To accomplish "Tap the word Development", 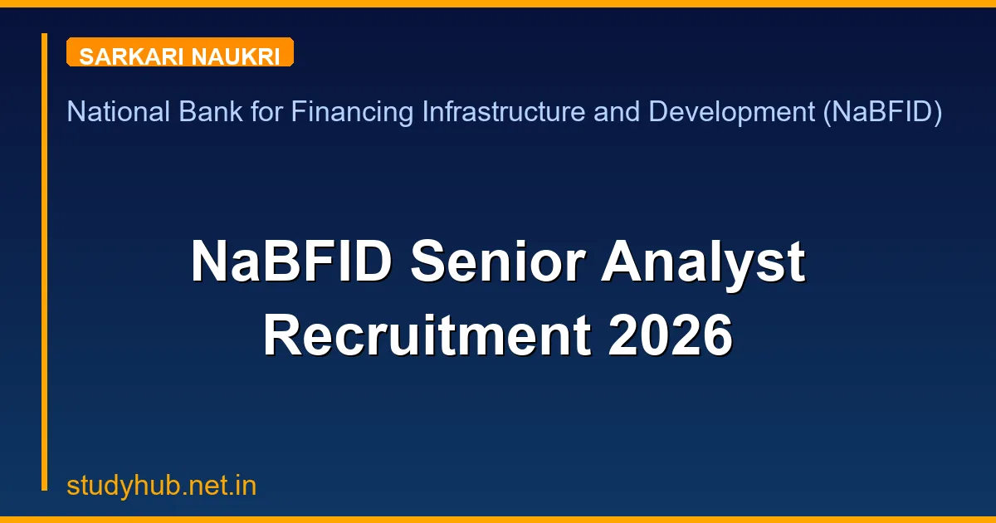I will pyautogui.click(x=730, y=111).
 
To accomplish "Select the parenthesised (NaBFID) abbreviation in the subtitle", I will pyautogui.click(x=882, y=111).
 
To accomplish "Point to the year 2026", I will pyautogui.click(x=670, y=336).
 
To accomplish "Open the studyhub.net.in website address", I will pyautogui.click(x=161, y=486).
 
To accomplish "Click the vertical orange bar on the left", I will pyautogui.click(x=45, y=261).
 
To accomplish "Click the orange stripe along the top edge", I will pyautogui.click(x=498, y=3).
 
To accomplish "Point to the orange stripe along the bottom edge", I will pyautogui.click(x=498, y=519).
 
